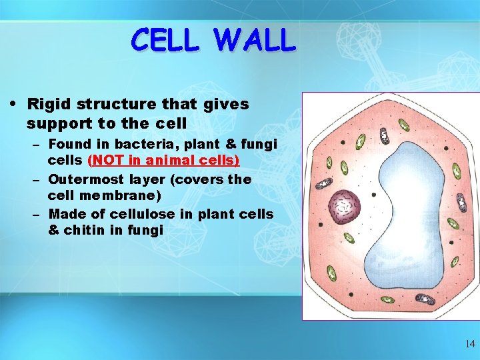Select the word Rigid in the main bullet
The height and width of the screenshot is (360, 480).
(x=49, y=105)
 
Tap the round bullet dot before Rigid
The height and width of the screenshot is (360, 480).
(x=15, y=104)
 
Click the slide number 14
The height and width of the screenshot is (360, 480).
(x=470, y=345)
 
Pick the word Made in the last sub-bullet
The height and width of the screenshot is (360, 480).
(x=64, y=214)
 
